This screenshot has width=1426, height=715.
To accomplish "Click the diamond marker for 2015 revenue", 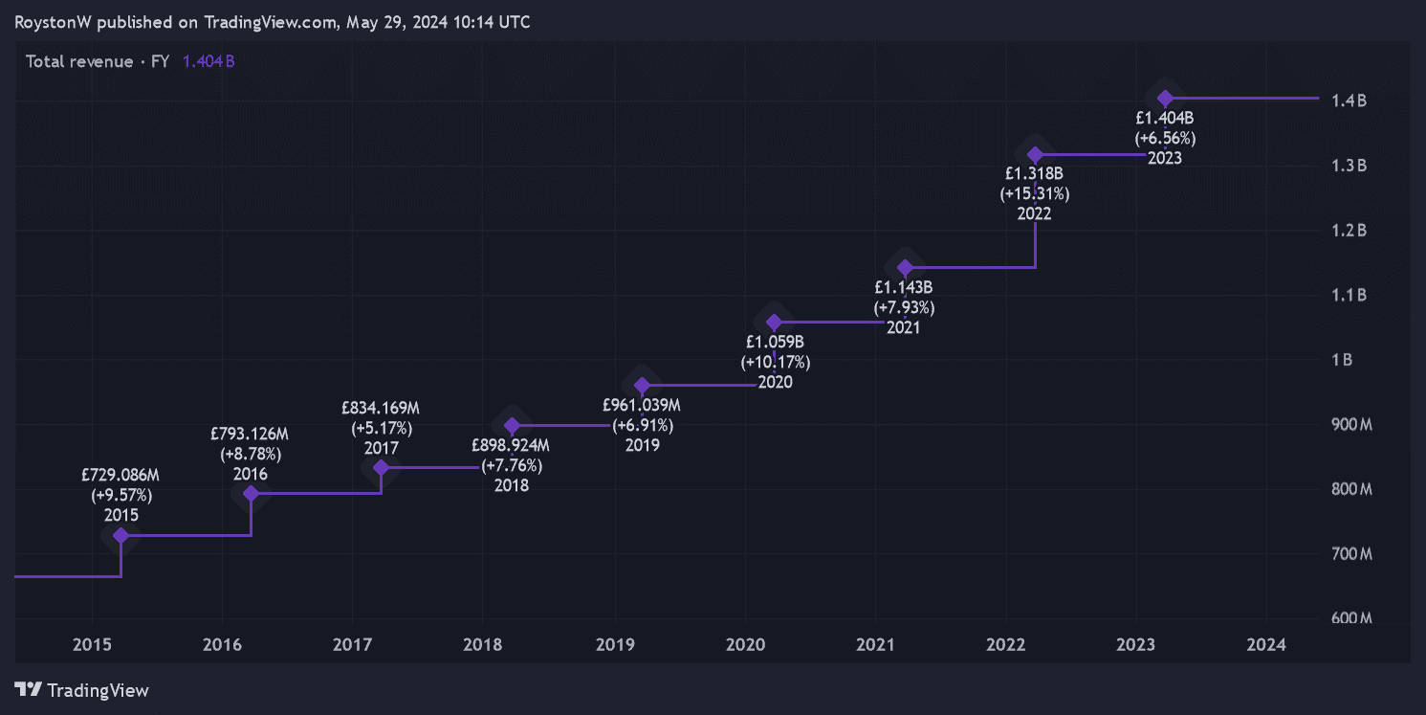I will [121, 535].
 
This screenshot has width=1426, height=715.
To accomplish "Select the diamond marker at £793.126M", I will [251, 493].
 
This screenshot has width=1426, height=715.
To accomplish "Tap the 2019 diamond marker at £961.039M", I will [642, 386].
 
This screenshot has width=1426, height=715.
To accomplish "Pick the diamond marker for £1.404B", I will [1165, 99].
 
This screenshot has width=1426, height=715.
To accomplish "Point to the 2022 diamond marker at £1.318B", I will [1034, 154].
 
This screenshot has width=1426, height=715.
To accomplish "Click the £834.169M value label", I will [381, 408].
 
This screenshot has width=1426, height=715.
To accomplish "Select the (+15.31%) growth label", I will [1034, 194].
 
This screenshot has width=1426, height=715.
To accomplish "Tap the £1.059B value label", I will [775, 342].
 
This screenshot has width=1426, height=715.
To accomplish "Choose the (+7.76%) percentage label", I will [512, 465].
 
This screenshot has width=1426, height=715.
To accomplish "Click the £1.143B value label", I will [904, 286].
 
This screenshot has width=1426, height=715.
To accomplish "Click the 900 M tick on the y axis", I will [1351, 424].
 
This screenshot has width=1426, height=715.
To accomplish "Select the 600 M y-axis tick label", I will [1351, 618].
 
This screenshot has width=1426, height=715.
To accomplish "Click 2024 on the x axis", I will [1265, 645].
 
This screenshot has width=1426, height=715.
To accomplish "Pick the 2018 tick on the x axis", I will [482, 645].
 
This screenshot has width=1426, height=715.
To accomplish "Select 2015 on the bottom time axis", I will [91, 645].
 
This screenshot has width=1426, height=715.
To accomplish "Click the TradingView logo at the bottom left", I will [82, 690].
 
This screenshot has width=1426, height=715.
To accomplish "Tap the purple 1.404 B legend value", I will [208, 62].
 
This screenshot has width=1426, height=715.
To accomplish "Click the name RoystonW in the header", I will [54, 22].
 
